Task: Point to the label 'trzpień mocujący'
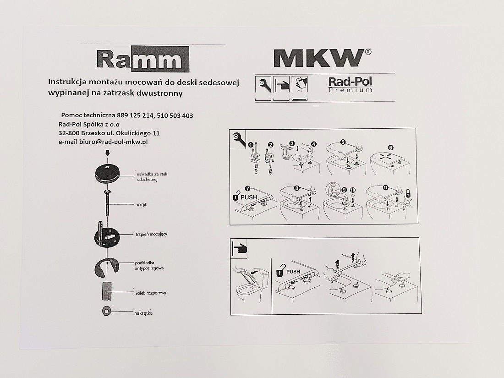click(x=151, y=234)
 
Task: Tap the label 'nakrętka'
click(x=143, y=313)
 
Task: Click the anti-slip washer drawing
click(x=106, y=268)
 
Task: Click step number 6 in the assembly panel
click(x=390, y=148)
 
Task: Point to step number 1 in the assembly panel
click(x=251, y=145)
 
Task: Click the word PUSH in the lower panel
click(x=293, y=272)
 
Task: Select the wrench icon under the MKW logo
click(x=263, y=84)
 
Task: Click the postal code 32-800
click(x=69, y=133)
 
